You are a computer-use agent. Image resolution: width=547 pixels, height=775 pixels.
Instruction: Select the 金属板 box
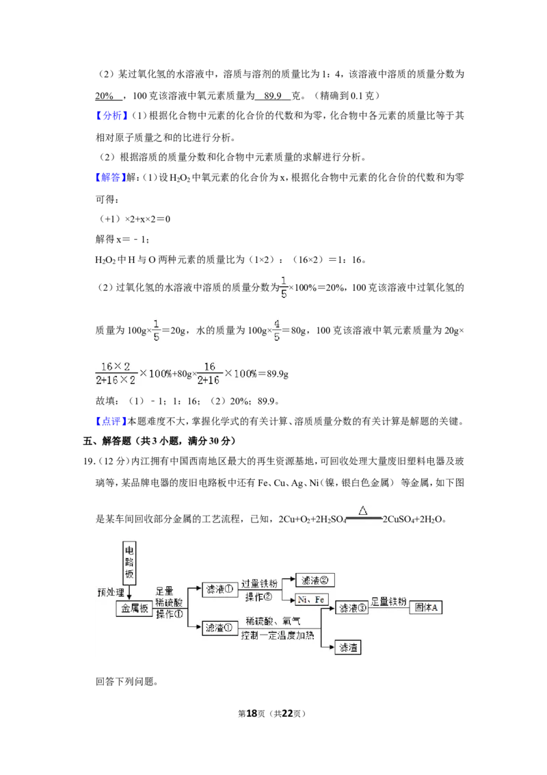pyautogui.click(x=135, y=609)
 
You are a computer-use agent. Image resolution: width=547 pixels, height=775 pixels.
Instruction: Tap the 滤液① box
pyautogui.click(x=219, y=589)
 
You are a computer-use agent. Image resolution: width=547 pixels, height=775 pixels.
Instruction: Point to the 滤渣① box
pyautogui.click(x=219, y=628)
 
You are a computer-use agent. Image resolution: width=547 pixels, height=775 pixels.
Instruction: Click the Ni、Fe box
pyautogui.click(x=311, y=600)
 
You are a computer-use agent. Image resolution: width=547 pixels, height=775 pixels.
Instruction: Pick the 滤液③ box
pyautogui.click(x=352, y=608)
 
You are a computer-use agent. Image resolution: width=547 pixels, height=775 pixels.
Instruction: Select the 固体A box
pyautogui.click(x=425, y=607)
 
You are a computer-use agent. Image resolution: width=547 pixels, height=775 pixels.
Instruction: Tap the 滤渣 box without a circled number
pyautogui.click(x=348, y=647)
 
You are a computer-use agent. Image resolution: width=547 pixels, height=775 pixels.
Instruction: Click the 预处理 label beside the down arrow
pyautogui.click(x=111, y=592)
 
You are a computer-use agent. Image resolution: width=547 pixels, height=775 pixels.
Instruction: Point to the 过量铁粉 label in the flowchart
pyautogui.click(x=259, y=584)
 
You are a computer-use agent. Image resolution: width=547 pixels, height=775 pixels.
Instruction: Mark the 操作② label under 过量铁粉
pyautogui.click(x=258, y=596)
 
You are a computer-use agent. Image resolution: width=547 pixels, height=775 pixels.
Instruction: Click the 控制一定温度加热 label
pyautogui.click(x=278, y=635)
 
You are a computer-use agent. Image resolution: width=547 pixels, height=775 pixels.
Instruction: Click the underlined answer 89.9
pyautogui.click(x=273, y=95)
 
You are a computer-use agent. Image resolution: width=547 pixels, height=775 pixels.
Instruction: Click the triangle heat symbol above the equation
pyautogui.click(x=363, y=510)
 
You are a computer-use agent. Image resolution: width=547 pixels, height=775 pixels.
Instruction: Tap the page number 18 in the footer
pyautogui.click(x=252, y=713)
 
